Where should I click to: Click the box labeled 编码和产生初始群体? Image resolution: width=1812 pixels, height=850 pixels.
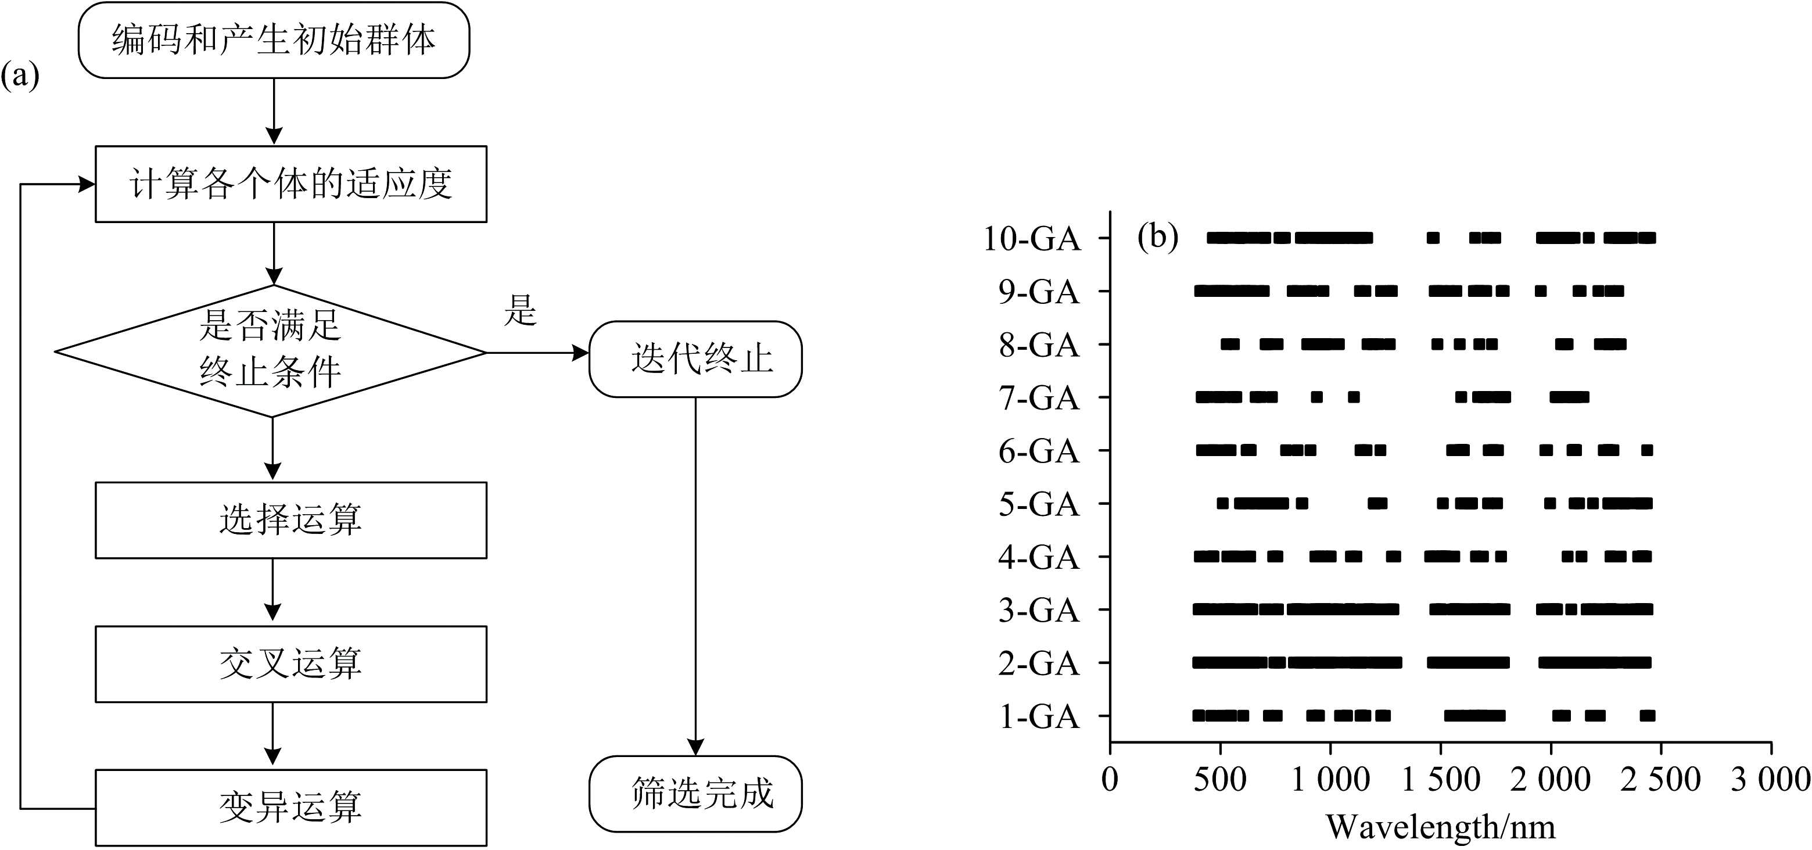pos(274,40)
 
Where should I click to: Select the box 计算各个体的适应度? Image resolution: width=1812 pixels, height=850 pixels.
pos(290,184)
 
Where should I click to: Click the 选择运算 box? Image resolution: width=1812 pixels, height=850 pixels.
pos(290,520)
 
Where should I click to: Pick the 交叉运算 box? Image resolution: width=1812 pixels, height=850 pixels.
pos(290,664)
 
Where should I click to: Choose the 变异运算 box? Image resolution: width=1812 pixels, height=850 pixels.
pos(290,807)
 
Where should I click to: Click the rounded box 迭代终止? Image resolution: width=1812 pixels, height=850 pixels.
pos(695,359)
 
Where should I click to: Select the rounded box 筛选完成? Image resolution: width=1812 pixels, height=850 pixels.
pos(695,794)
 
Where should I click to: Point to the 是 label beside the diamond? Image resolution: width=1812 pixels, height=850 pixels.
pos(521,310)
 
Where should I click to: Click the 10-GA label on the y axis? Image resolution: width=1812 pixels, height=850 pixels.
pos(1031,239)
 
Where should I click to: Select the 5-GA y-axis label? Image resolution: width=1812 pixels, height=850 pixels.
pos(1039,504)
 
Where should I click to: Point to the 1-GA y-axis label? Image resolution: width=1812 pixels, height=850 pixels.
pos(1039,717)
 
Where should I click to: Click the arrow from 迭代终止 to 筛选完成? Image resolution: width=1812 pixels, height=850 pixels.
pos(695,577)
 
